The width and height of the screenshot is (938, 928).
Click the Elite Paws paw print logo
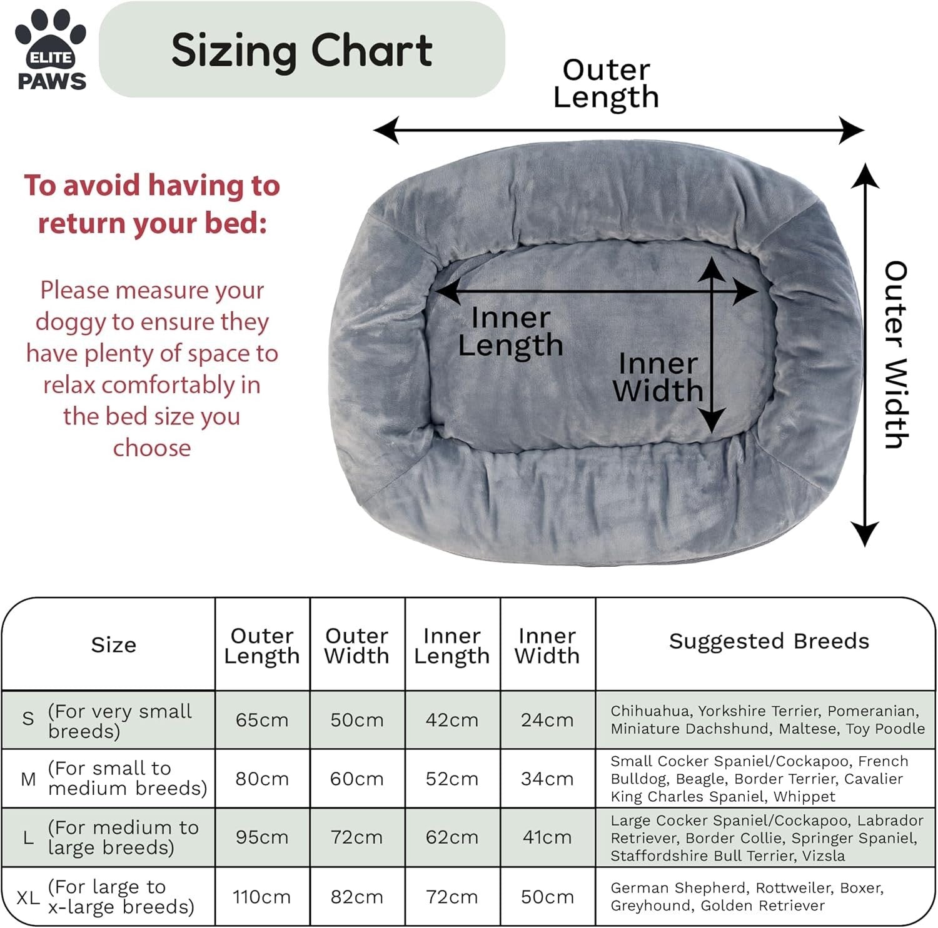[x=51, y=49]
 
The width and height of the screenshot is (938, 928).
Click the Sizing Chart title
[x=302, y=51]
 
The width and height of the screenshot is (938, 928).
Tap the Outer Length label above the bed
[x=606, y=84]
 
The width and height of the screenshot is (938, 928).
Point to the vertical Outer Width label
[x=895, y=354]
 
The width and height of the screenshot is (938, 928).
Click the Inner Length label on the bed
[x=511, y=331]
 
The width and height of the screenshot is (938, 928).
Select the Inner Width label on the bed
[x=658, y=377]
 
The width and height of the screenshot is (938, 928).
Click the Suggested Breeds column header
[x=769, y=641]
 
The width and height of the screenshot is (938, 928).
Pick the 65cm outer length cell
[x=262, y=720]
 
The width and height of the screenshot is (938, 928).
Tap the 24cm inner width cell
[x=547, y=720]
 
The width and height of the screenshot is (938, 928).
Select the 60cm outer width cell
[x=357, y=779]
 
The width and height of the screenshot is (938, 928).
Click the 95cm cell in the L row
[x=262, y=837]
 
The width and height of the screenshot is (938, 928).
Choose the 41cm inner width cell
[x=547, y=837]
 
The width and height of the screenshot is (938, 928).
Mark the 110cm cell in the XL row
[x=262, y=897]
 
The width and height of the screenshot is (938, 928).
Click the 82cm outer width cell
[x=357, y=897]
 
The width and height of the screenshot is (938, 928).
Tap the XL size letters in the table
[x=28, y=898]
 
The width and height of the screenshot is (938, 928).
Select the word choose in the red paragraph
[x=152, y=448]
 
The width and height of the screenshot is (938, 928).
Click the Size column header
[x=114, y=645]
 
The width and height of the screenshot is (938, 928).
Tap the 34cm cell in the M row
[x=547, y=779]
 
